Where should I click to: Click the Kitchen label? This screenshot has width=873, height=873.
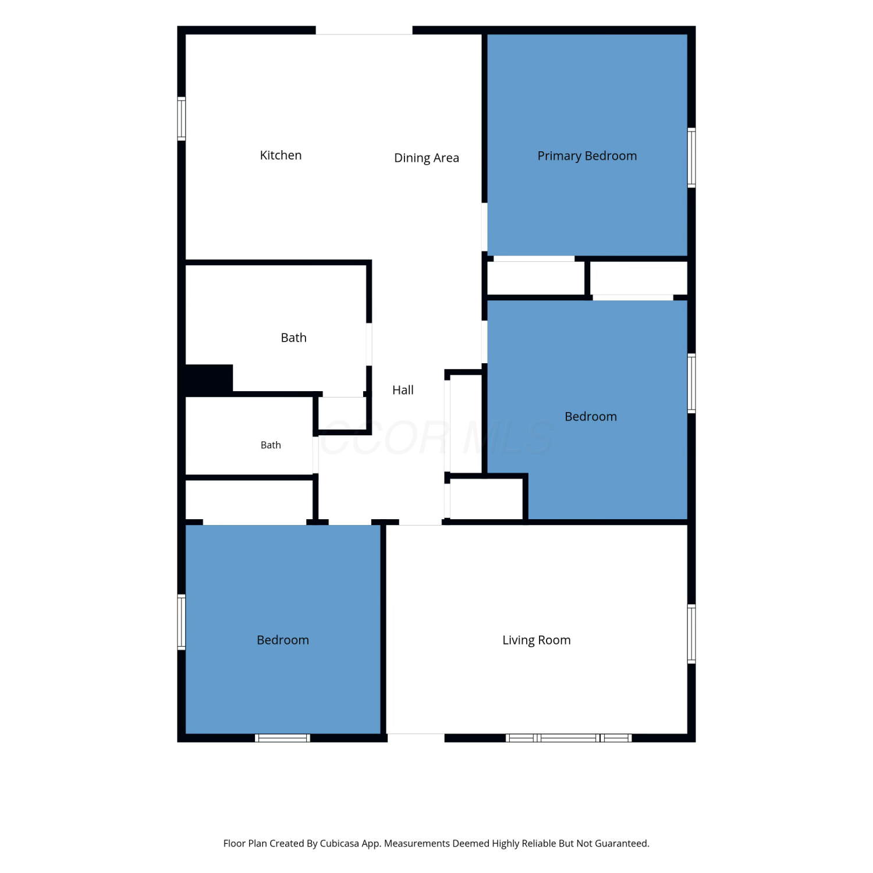tap(281, 155)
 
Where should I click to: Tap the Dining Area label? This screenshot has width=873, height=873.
tap(427, 158)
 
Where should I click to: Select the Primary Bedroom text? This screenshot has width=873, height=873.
tap(587, 156)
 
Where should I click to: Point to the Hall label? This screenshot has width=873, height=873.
tap(403, 390)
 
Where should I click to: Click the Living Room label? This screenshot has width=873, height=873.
tap(537, 640)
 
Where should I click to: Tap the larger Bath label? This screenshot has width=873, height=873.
tap(293, 338)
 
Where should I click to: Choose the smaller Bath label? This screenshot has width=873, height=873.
tap(271, 445)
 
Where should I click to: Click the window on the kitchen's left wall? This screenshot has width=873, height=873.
tap(182, 119)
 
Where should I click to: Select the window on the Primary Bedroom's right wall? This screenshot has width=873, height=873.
tap(691, 157)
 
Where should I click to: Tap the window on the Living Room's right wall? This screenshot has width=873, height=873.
tap(691, 634)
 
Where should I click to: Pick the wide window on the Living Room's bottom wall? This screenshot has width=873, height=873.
tap(569, 738)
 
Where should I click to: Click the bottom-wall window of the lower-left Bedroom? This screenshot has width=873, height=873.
tap(283, 738)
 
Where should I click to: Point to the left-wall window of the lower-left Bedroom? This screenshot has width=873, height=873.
tap(182, 622)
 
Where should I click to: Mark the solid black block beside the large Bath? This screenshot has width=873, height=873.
tap(209, 380)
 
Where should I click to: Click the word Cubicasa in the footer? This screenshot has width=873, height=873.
tap(339, 843)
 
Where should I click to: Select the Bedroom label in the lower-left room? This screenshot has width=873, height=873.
tap(283, 640)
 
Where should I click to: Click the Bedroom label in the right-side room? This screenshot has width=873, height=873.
tap(591, 417)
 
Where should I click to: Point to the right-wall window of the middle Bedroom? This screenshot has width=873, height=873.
tap(691, 384)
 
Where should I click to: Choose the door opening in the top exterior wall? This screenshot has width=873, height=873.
tap(364, 30)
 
